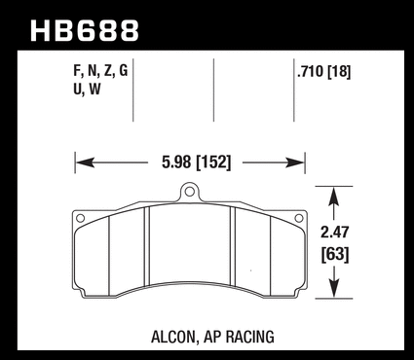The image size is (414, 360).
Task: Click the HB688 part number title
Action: (x=85, y=31)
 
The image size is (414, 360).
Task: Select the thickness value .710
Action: (x=311, y=71)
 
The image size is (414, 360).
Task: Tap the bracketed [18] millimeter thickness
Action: (x=339, y=72)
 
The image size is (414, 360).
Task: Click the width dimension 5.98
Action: (x=176, y=162)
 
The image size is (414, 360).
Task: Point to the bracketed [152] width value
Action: (x=214, y=162)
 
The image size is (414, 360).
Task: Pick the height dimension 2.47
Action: (x=334, y=233)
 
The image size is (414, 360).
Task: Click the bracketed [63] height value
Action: (x=335, y=254)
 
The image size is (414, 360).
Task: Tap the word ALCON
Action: (x=174, y=337)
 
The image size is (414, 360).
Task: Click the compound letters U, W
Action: (x=87, y=89)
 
